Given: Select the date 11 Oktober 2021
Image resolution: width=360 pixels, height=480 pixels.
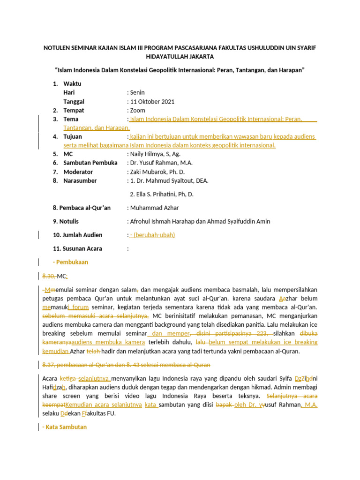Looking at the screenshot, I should pos(152,102).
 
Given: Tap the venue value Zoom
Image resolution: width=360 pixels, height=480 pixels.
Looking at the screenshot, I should pos(138,111).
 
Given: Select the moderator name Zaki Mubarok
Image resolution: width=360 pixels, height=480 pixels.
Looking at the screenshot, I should pos(149,172).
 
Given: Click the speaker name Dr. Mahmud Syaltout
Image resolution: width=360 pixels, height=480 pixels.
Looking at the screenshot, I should pos(167,181).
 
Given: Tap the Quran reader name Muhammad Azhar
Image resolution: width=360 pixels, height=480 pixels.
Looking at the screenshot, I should pos(155,208).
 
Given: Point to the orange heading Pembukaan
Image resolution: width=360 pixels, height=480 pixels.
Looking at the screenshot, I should pos(72,262).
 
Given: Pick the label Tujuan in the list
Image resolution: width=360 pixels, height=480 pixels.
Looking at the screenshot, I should pos(73,137).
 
